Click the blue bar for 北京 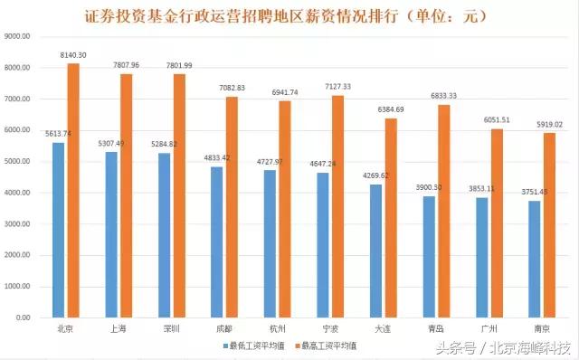click(x=59, y=230)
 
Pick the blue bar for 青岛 click(x=430, y=257)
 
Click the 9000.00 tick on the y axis click(x=19, y=37)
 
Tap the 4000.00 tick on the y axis click(x=19, y=193)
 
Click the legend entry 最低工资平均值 click(x=253, y=346)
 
